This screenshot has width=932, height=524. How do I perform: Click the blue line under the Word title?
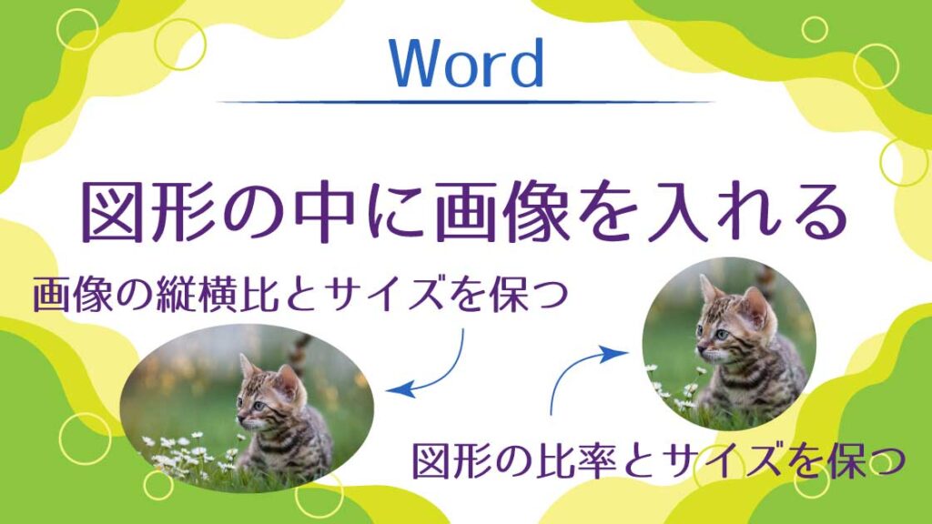pos(465,102)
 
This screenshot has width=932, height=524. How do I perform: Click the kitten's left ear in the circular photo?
pos(709,288)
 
